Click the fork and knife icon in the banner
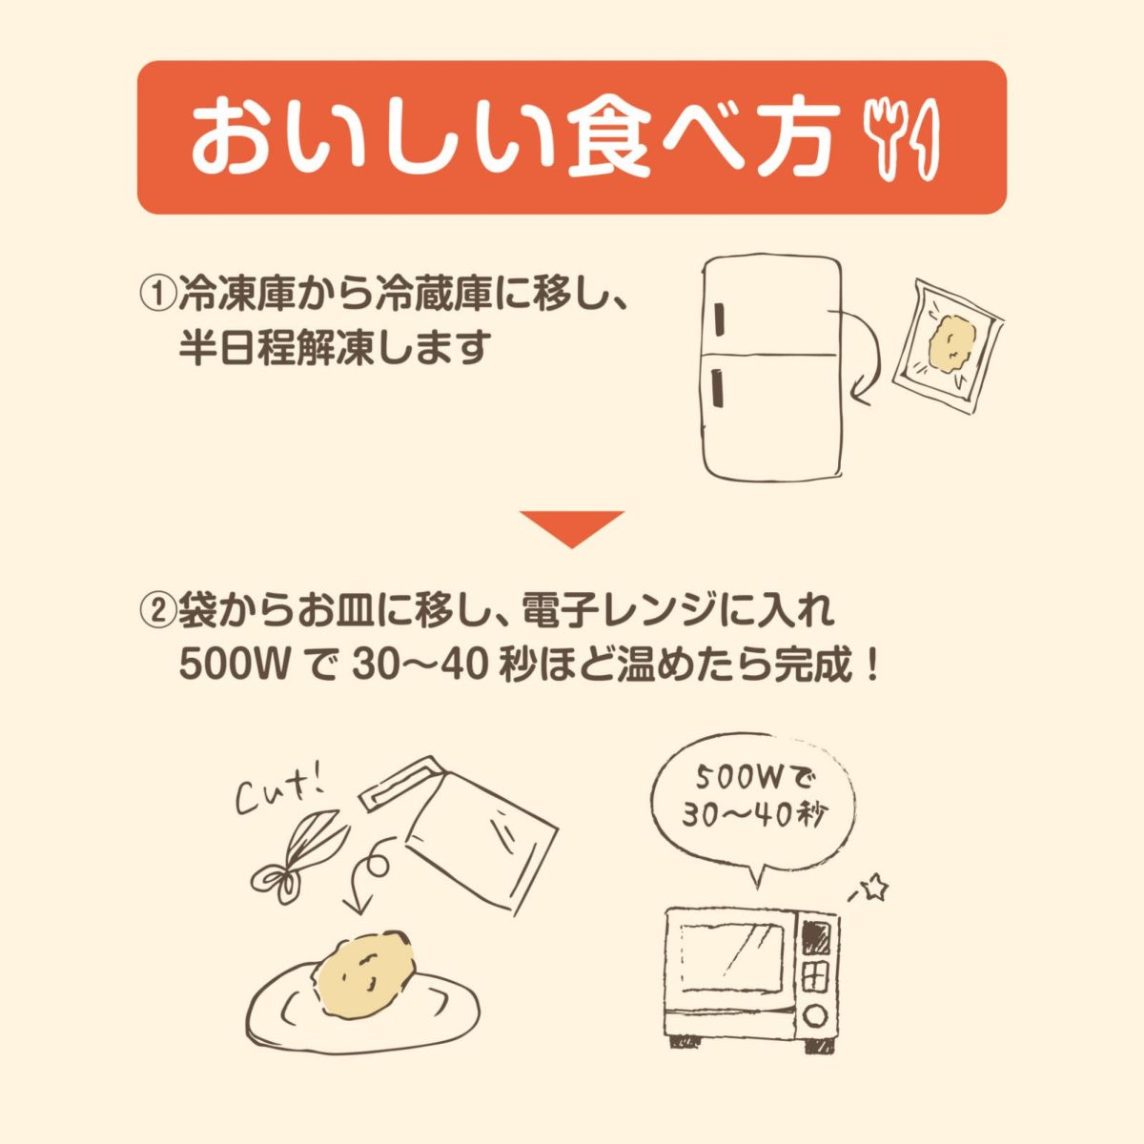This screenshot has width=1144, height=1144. click(x=901, y=138)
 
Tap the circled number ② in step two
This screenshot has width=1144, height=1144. click(x=157, y=611)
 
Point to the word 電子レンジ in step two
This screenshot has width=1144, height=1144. click(x=602, y=611)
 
